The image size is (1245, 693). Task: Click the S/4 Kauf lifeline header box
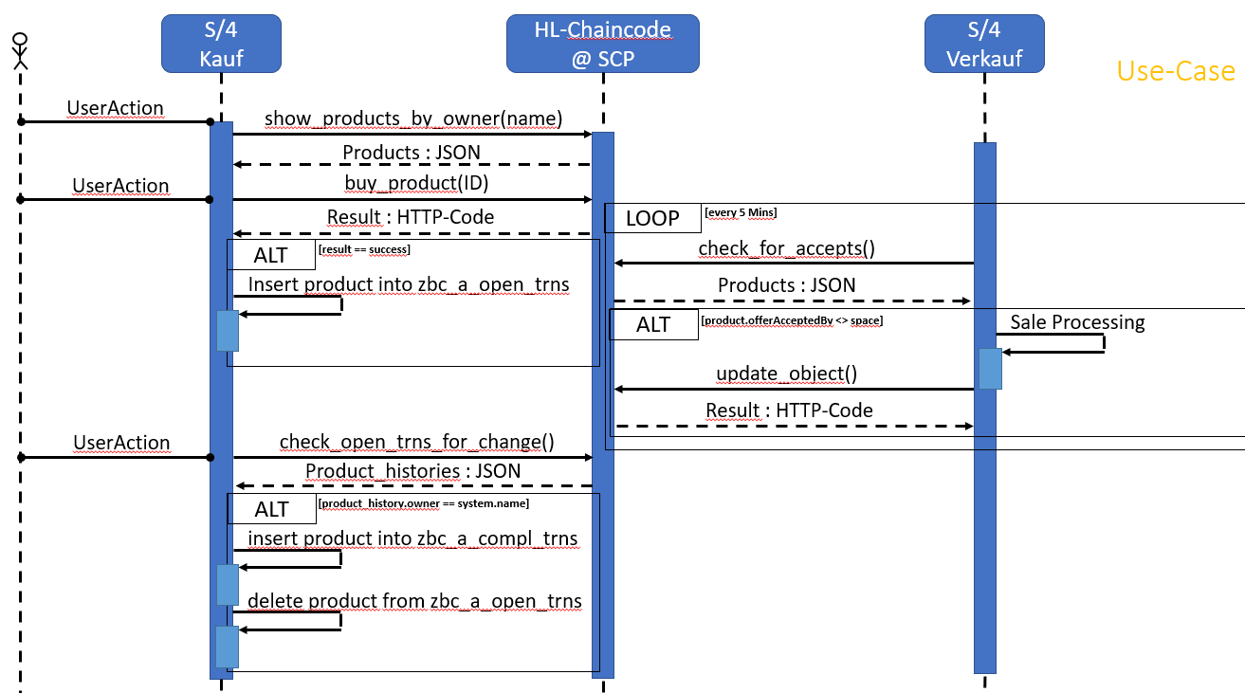pos(221,44)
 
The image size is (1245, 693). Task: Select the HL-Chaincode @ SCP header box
pos(602,44)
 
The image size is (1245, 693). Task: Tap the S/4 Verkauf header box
pos(985,44)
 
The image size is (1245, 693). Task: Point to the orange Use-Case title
pos(1176,71)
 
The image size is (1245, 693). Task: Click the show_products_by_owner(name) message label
pos(413,119)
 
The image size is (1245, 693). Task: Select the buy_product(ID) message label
pos(410,181)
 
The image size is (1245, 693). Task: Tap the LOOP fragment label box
pos(652,218)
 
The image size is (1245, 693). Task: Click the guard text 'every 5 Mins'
pos(741,212)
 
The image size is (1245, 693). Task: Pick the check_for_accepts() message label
pos(786,248)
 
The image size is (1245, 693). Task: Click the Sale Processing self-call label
pos(1077,322)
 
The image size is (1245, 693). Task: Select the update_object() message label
pos(786,374)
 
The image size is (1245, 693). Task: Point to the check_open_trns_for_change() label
pos(416,442)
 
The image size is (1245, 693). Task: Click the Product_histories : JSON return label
pos(412,471)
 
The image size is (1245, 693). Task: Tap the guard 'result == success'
pos(364,249)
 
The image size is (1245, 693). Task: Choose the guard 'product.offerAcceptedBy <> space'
pos(792,321)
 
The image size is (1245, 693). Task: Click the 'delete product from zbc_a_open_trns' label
pos(414,601)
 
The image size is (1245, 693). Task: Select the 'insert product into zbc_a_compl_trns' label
pos(412,538)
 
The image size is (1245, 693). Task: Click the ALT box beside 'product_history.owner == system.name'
pos(271,509)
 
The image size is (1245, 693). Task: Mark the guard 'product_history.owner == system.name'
pos(424,503)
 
